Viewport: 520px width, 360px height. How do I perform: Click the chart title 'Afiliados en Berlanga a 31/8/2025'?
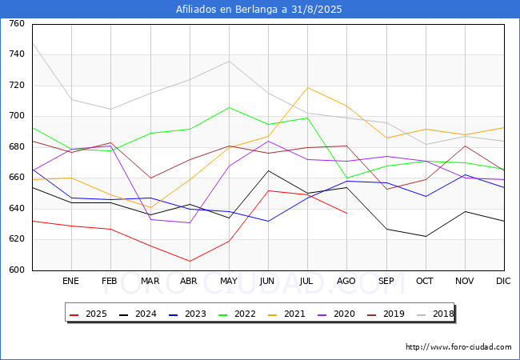(x=260, y=10)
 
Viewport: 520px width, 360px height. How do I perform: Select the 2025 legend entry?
(x=88, y=314)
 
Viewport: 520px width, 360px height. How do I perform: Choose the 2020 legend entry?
(x=336, y=314)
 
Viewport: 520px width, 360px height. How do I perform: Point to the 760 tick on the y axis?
(x=16, y=24)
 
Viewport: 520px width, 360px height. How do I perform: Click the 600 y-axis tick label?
(x=16, y=270)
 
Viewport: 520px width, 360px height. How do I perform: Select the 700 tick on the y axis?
(x=16, y=116)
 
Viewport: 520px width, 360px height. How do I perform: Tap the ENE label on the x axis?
(x=71, y=282)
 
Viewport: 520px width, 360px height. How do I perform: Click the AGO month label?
(x=346, y=282)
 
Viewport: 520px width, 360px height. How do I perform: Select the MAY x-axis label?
(x=228, y=282)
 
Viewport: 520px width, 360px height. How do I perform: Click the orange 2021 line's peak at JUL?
(x=307, y=88)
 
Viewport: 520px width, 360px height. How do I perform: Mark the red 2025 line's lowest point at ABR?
(x=190, y=261)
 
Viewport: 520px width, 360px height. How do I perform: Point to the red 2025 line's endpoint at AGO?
(x=346, y=213)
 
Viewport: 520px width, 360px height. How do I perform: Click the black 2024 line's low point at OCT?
(x=425, y=236)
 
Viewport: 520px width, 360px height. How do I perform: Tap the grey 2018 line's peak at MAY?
(x=229, y=61)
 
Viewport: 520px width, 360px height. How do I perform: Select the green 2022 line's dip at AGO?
(x=346, y=178)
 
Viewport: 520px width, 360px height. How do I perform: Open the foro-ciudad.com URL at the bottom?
(x=458, y=347)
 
